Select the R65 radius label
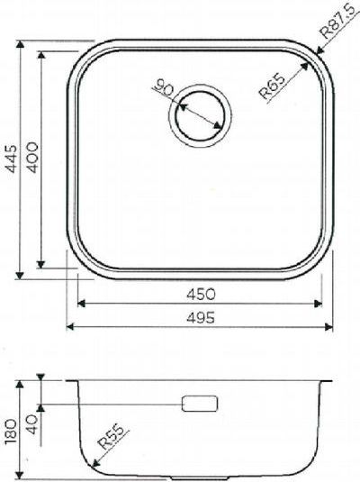coord(272,86)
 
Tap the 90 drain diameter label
coord(164,86)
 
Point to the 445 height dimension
coord(13,159)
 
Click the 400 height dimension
coord(31,157)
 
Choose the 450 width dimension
coord(202,295)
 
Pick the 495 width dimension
coord(201,317)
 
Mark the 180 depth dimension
coord(12,432)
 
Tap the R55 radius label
coord(112,437)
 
